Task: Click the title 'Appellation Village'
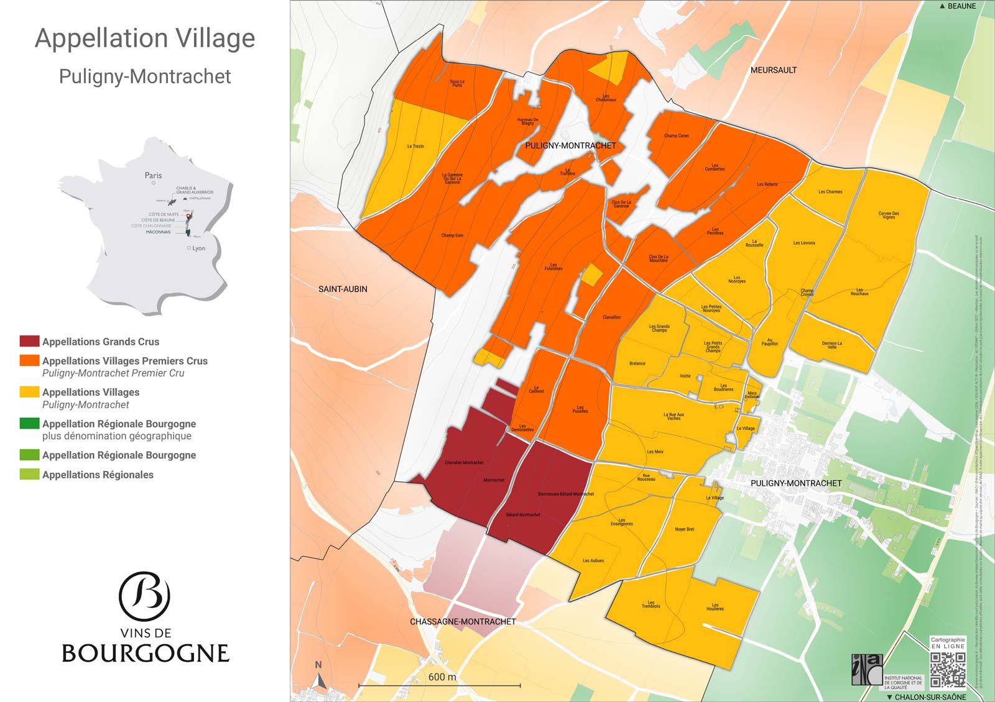(145, 39)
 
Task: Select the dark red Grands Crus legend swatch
(29, 341)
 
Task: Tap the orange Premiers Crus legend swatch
(29, 360)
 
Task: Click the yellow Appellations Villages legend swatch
(29, 392)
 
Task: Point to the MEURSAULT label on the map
(773, 70)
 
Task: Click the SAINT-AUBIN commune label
(343, 289)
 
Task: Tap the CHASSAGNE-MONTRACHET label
(463, 621)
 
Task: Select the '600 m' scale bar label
(442, 677)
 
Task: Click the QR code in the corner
(948, 670)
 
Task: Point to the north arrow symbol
(319, 679)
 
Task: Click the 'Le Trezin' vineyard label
(415, 147)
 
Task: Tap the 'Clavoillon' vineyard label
(611, 317)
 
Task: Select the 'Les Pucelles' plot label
(580, 409)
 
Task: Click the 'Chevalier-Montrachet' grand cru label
(464, 462)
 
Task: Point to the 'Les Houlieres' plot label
(715, 607)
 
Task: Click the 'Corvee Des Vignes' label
(889, 215)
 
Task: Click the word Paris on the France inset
(153, 175)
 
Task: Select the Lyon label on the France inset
(198, 248)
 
